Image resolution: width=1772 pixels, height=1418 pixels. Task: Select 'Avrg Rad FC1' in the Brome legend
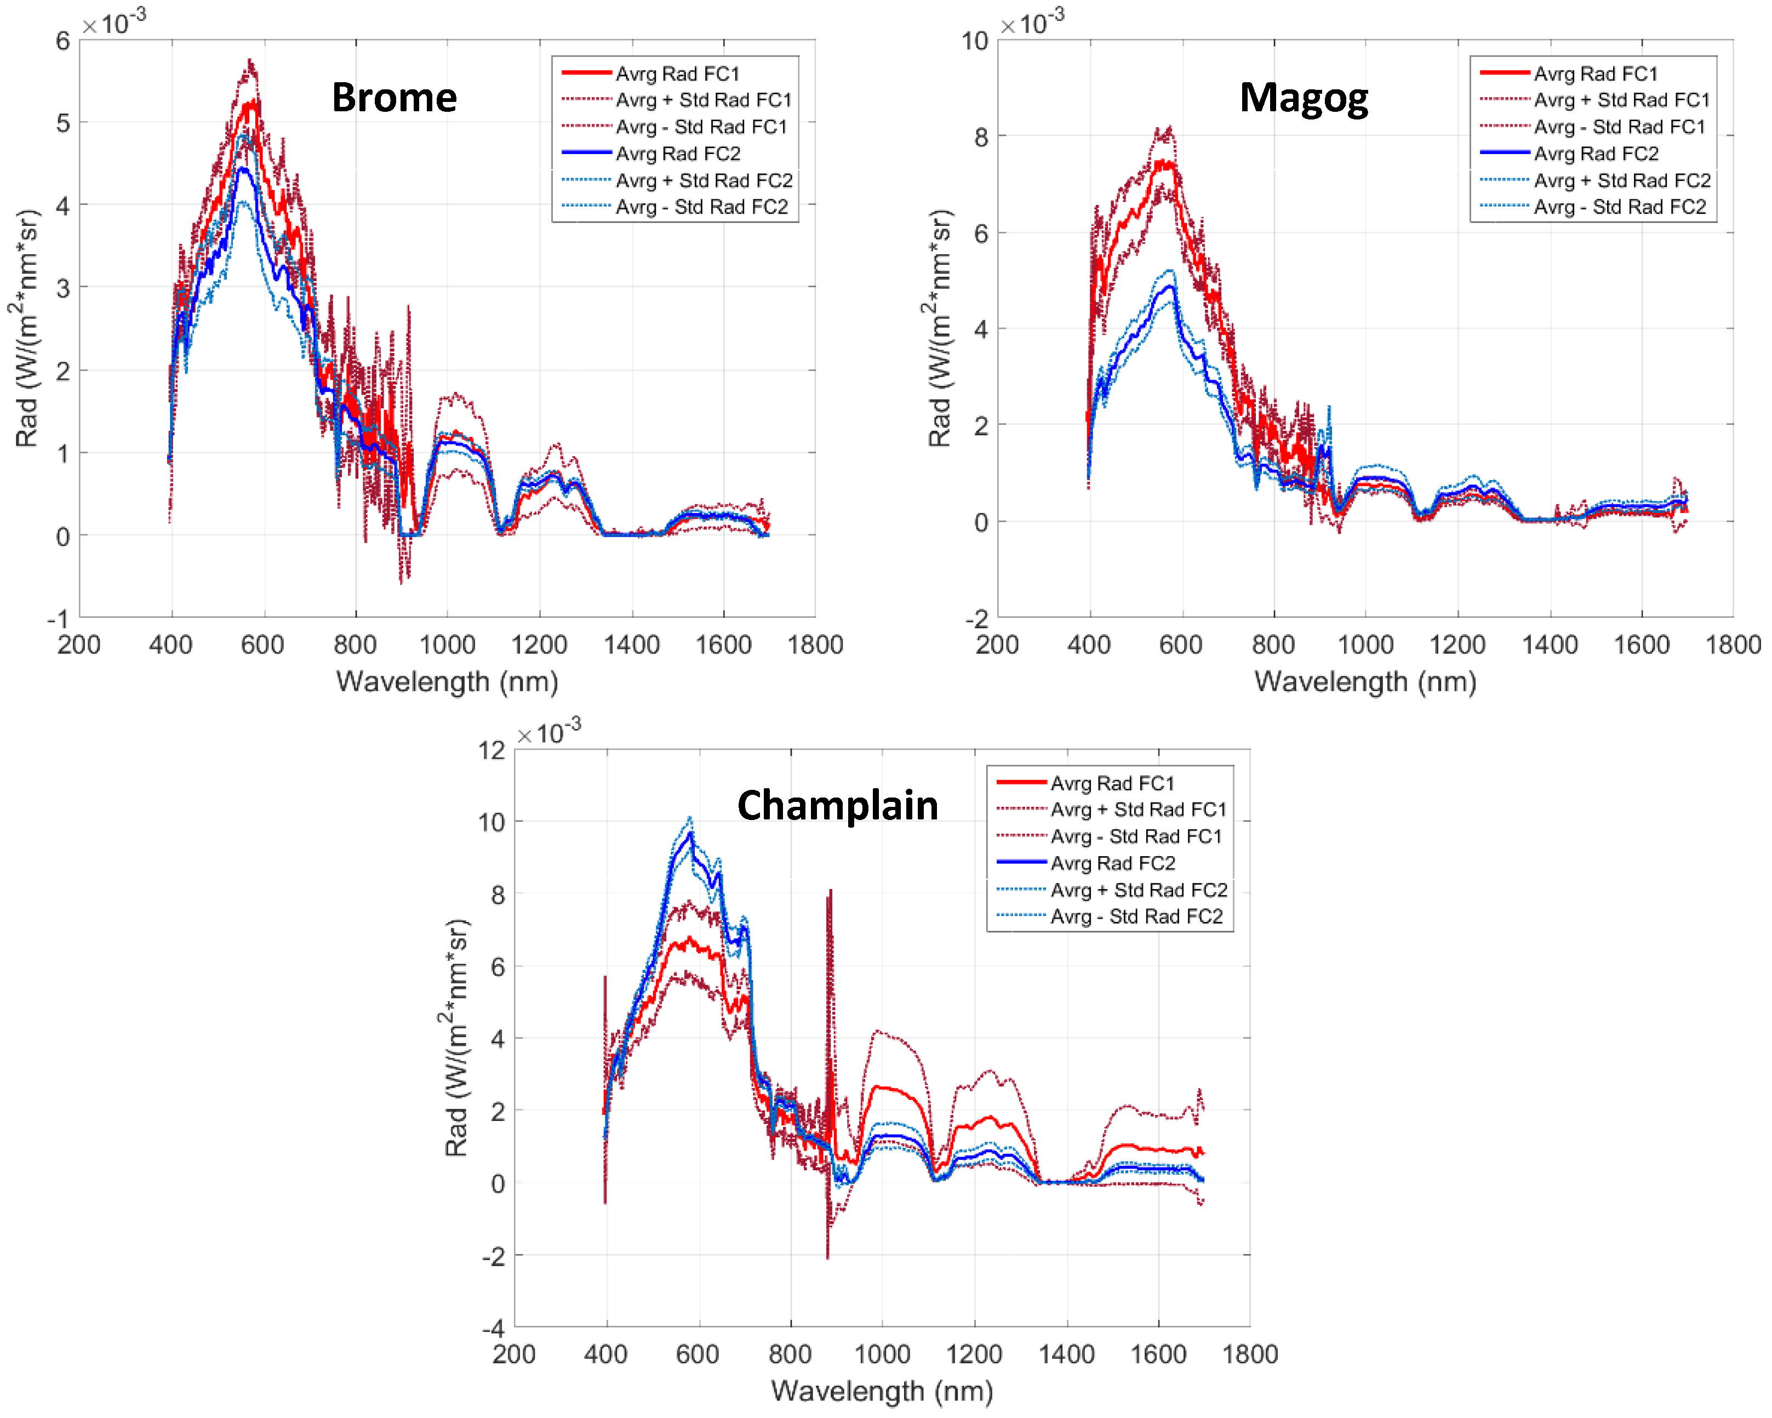coord(677,74)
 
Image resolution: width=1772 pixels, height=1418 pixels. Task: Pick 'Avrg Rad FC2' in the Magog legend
coord(1596,153)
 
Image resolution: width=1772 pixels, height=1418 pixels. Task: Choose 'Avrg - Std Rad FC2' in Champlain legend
coord(1136,916)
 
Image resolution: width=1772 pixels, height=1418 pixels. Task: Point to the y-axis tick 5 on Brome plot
coord(62,123)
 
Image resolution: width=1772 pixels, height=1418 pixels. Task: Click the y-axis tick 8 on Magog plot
coord(981,136)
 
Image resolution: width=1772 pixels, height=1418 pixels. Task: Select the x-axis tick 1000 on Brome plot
coord(447,645)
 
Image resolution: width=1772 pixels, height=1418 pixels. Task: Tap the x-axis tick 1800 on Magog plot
coord(1733,645)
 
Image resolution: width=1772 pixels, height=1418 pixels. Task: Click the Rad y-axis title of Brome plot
coord(27,329)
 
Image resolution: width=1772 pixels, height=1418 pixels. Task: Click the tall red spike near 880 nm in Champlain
coord(830,892)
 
